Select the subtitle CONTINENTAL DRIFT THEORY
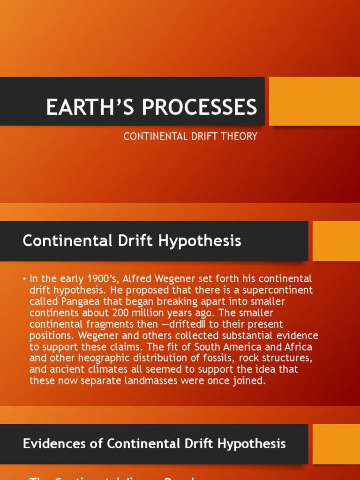tap(190, 136)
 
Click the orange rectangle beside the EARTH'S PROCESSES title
tap(314, 101)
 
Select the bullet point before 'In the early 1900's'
tap(24, 279)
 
